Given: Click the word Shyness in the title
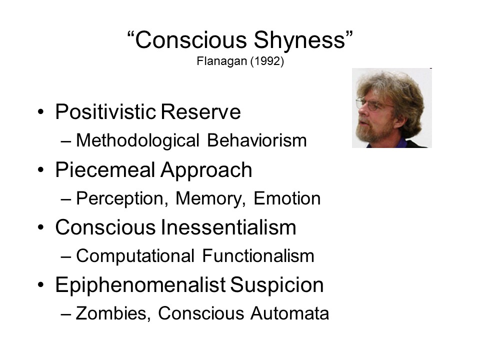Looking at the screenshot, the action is click(x=302, y=40).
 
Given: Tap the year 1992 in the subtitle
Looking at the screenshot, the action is click(x=267, y=61).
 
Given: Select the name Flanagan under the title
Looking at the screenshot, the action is click(x=221, y=61).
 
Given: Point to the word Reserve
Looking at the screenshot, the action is click(x=201, y=111).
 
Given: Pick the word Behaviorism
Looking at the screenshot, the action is click(x=257, y=140).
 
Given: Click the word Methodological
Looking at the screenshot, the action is click(x=138, y=141).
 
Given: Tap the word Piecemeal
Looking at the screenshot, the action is click(x=105, y=169).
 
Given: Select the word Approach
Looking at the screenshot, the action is click(x=206, y=170).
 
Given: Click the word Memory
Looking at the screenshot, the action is click(x=210, y=198).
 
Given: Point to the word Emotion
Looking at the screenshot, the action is click(x=287, y=198).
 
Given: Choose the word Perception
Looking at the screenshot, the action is click(x=122, y=199).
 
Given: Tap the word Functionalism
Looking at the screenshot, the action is click(x=258, y=256).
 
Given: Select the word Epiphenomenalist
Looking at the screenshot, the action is click(x=140, y=285).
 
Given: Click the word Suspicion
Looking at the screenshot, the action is click(x=276, y=285).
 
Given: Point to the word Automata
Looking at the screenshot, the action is click(x=289, y=313).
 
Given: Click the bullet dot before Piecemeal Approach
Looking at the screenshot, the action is click(x=41, y=169).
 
